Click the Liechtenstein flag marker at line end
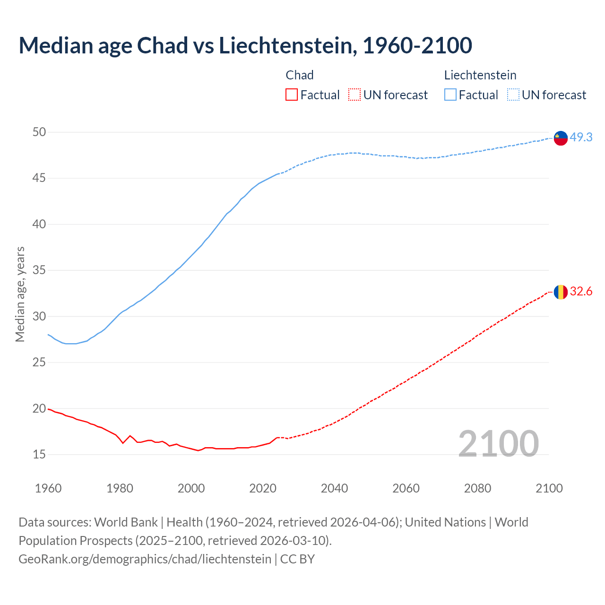pos(561,138)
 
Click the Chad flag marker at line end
pos(561,292)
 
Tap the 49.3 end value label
pos(581,137)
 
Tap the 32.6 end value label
pos(581,291)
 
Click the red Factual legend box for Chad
pos(292,95)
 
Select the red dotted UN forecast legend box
pos(354,95)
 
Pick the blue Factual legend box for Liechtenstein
pos(450,95)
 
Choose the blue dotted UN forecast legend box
pos(513,95)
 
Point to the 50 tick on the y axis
pos(39,132)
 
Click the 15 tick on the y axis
pos(39,454)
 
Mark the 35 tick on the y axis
pos(39,270)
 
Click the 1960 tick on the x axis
pos(48,488)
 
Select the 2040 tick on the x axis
pos(334,488)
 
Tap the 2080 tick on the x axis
pos(477,488)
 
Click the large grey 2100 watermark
pos(498,443)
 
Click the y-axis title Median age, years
pos(20,294)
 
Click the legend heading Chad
pos(300,75)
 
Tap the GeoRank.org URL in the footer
pos(145,559)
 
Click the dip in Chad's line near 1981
pos(123,443)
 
